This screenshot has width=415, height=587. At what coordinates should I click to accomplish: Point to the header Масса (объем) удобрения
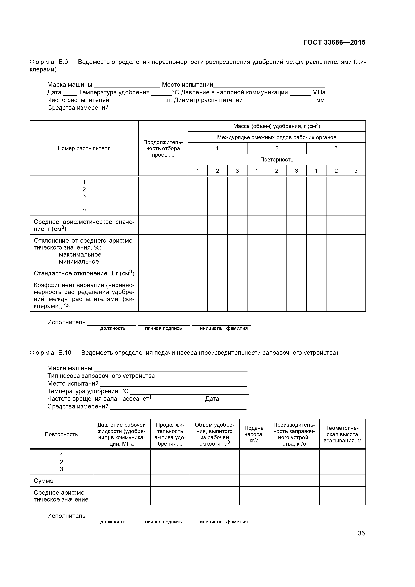click(x=276, y=126)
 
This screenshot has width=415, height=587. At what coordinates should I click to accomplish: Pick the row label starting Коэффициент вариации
click(x=84, y=295)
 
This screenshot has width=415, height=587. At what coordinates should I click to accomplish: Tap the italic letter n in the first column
click(x=84, y=210)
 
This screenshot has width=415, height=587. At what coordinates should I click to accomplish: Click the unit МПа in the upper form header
click(x=319, y=92)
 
